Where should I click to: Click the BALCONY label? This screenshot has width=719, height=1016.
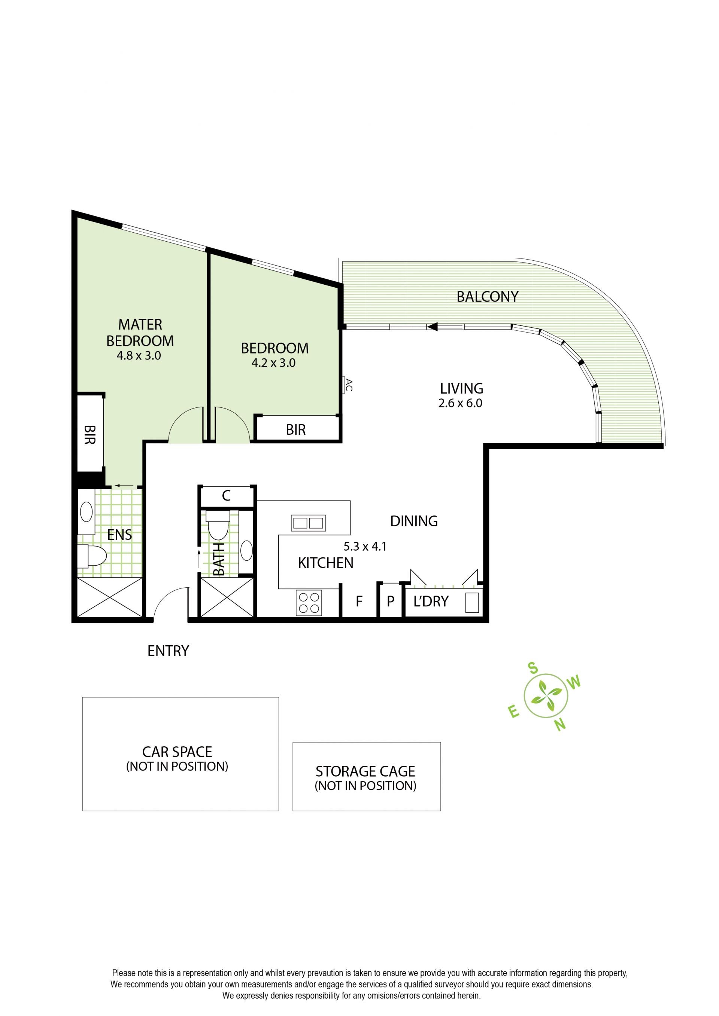coord(487,297)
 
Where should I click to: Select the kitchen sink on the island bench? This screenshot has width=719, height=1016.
coord(308,523)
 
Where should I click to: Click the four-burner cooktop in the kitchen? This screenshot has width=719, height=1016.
coord(309,603)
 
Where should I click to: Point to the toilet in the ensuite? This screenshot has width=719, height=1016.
coord(92,556)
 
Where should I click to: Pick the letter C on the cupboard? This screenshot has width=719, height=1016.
coord(227,495)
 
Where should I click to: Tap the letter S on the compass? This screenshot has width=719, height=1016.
coord(533,668)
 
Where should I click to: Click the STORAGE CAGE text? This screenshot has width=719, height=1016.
coord(365,771)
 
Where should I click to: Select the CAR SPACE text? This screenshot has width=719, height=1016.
coord(177,752)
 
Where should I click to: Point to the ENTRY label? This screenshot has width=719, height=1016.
coord(169,651)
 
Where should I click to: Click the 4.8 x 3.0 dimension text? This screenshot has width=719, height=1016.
coord(139,355)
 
